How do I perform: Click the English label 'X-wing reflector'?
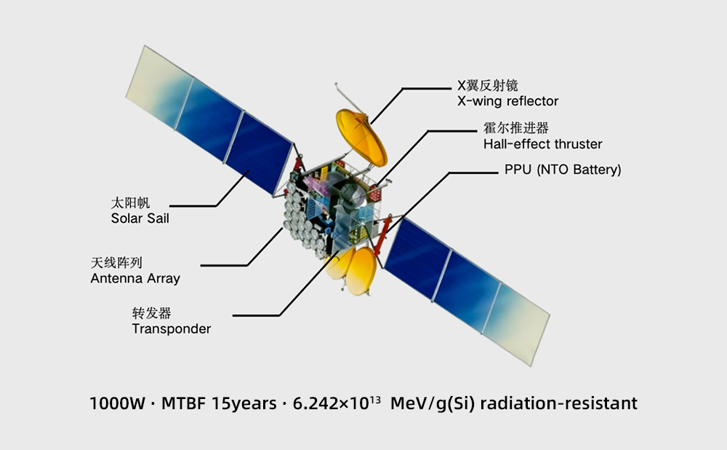[x=507, y=101]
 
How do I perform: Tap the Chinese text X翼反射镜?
[x=487, y=85]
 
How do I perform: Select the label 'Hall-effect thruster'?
[x=542, y=144]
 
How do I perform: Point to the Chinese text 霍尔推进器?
[x=516, y=127]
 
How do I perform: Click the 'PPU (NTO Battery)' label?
[x=563, y=170]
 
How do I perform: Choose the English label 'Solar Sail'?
[x=140, y=218]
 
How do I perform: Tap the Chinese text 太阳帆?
[x=130, y=202]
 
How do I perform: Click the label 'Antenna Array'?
[x=135, y=279]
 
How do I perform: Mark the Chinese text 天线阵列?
[x=116, y=263]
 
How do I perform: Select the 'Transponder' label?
[x=172, y=329]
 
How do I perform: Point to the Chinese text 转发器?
[x=152, y=313]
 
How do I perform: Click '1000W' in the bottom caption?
[x=117, y=403]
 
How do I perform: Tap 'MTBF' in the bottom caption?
[x=183, y=403]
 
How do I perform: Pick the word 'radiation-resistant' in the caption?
[x=558, y=403]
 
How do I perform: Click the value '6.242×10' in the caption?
[x=331, y=403]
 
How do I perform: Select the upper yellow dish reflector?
[x=361, y=138]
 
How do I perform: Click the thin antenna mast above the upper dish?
[x=350, y=100]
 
